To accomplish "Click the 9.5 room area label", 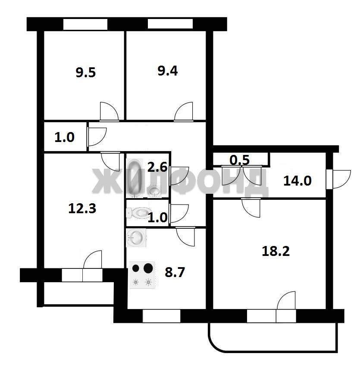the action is (x=86, y=72).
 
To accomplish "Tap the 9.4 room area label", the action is (x=168, y=71).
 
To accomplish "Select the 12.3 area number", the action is (x=82, y=208).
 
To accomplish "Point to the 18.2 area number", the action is (x=275, y=251).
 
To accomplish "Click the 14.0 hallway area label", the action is (x=297, y=181).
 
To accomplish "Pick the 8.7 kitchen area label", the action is (x=175, y=272).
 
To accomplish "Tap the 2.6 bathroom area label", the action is (x=157, y=167).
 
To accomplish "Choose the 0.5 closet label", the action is (x=239, y=160).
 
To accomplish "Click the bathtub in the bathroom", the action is (x=135, y=178).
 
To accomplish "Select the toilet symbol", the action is (x=138, y=213).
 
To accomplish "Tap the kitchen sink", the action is (x=136, y=238).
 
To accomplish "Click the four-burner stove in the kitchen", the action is (x=142, y=275).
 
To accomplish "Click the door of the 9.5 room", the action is (x=109, y=111).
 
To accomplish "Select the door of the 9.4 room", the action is (x=184, y=111).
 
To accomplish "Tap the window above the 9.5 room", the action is (x=85, y=24).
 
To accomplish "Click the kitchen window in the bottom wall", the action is (x=162, y=316).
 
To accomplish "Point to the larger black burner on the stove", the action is (x=148, y=268).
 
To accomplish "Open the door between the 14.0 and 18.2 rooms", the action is (x=250, y=208).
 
